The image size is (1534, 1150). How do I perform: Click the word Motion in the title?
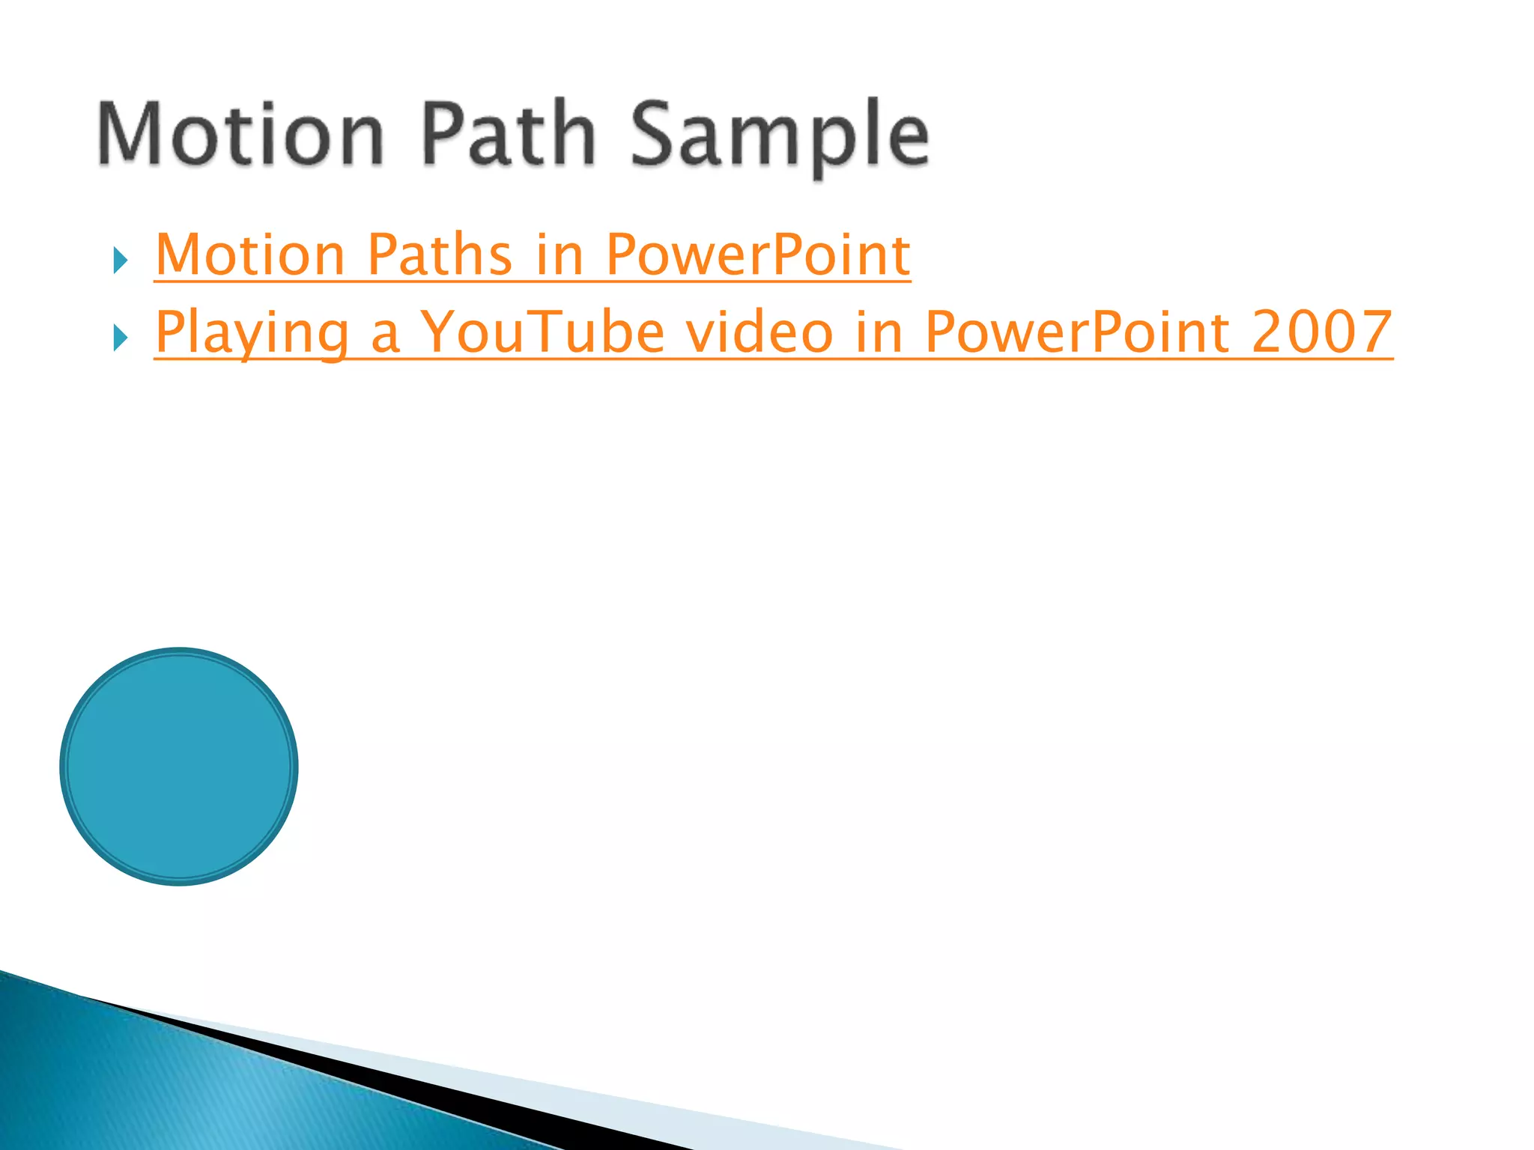pyautogui.click(x=240, y=135)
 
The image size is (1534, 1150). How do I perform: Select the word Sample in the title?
pyautogui.click(x=779, y=139)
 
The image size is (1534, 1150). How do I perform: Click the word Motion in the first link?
pyautogui.click(x=249, y=255)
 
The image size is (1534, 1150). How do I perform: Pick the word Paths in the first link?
pyautogui.click(x=440, y=255)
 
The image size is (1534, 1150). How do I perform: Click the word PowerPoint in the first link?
pyautogui.click(x=757, y=255)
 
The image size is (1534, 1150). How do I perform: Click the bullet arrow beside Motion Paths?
pyautogui.click(x=121, y=261)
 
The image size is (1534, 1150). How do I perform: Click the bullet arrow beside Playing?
pyautogui.click(x=121, y=338)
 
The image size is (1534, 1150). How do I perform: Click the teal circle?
pyautogui.click(x=179, y=766)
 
